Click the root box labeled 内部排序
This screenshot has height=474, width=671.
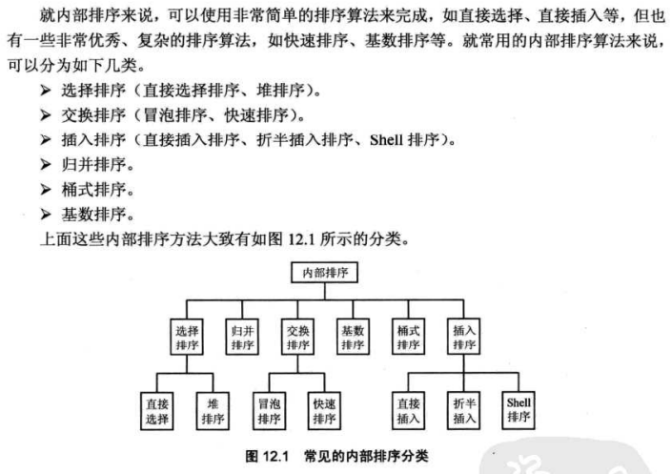point(325,273)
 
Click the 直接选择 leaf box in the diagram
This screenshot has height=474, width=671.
point(157,410)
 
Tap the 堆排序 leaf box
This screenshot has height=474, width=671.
point(213,410)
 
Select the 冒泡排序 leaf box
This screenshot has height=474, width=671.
point(270,410)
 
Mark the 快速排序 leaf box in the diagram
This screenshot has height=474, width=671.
point(325,410)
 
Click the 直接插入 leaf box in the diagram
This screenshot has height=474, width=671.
point(409,410)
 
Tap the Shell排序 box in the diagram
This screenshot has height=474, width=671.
point(519,409)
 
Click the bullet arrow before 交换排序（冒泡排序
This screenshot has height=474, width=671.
point(45,117)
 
